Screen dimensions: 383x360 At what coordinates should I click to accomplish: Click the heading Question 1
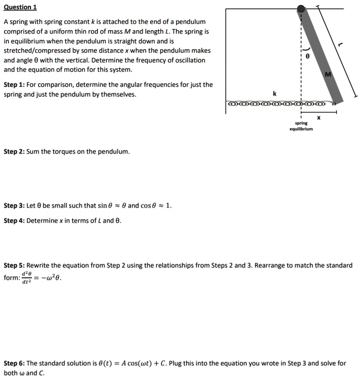[x=20, y=7]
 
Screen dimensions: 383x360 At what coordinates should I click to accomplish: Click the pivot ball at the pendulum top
[x=301, y=8]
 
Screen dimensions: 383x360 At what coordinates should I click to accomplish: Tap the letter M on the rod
[x=329, y=75]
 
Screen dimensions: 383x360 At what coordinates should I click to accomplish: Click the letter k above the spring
[x=275, y=93]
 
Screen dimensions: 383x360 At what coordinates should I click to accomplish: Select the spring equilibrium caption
[x=301, y=126]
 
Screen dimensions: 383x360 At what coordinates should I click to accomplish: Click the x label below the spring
[x=318, y=118]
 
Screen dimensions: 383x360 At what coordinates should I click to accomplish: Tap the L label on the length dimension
[x=340, y=44]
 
